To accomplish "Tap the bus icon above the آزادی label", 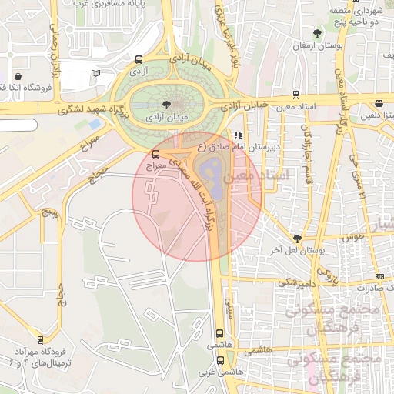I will [x=139, y=59].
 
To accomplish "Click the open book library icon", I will [x=95, y=73].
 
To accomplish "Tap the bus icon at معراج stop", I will [x=156, y=154].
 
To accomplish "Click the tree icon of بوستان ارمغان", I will [x=317, y=33].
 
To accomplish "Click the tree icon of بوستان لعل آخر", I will [x=297, y=238].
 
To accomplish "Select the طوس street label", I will [x=352, y=237].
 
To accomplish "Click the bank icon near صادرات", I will [x=379, y=276].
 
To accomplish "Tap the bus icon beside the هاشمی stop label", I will [x=221, y=334].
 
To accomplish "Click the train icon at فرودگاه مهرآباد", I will [x=39, y=339].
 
